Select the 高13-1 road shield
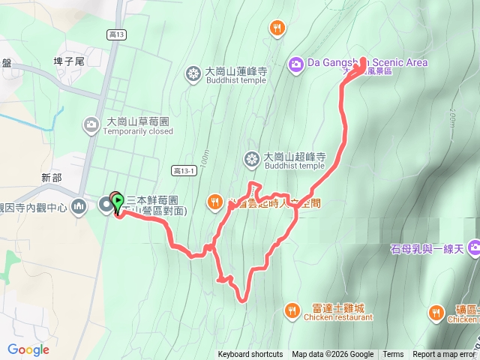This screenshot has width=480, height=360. click(182, 170)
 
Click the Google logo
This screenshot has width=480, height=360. click(28, 349)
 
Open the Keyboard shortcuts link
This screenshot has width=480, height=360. click(250, 355)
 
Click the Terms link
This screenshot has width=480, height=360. click(393, 355)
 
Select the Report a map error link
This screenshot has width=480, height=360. click(444, 355)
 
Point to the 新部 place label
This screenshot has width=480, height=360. click(52, 178)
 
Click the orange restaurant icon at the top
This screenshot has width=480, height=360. click(277, 28)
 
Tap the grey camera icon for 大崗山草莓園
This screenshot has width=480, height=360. click(91, 124)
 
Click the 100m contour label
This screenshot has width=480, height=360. click(204, 160)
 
